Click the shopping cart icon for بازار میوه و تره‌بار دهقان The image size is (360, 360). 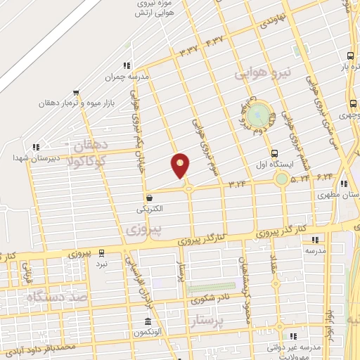[x=76, y=92]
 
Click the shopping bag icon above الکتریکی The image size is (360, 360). [x=149, y=198]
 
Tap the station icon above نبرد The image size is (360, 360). [x=103, y=252]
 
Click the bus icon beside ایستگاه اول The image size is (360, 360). [x=274, y=153]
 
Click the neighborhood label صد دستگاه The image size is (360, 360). [x=58, y=297]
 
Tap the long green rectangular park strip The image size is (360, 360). [x=211, y=286]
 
